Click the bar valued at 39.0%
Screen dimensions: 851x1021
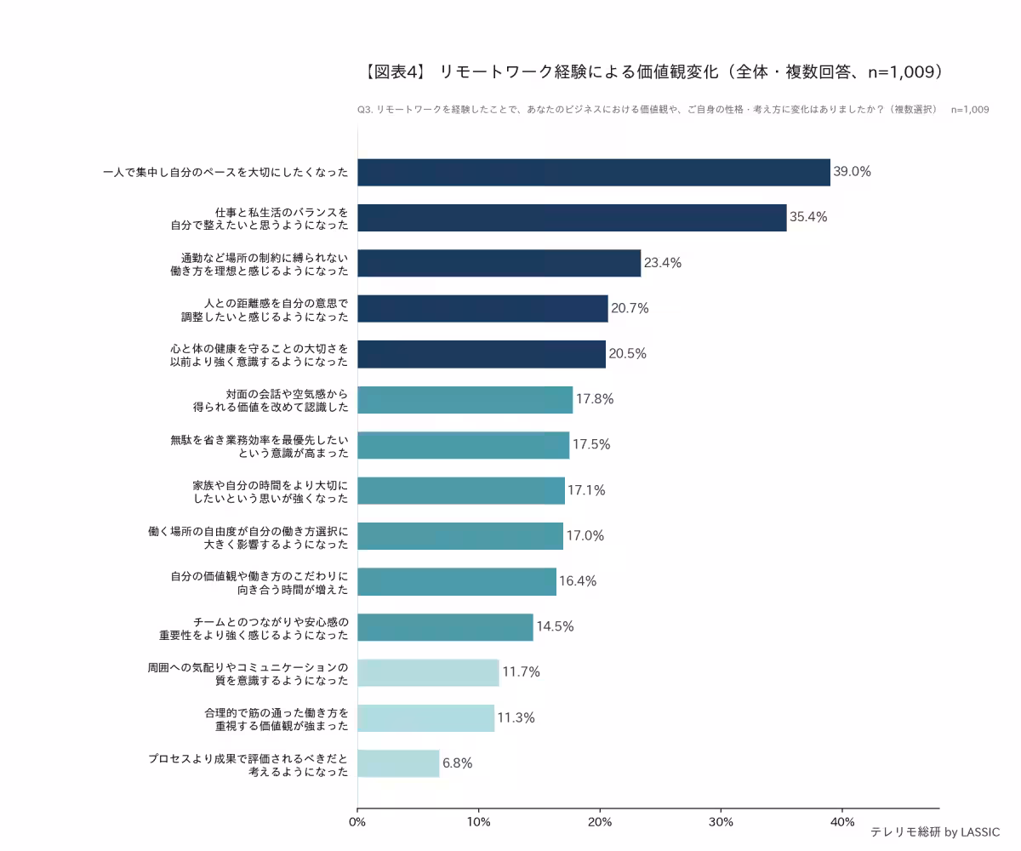593,172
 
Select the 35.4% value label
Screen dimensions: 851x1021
808,217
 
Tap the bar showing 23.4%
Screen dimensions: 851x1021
499,263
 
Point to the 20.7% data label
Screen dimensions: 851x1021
630,308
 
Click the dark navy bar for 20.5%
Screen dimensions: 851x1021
482,354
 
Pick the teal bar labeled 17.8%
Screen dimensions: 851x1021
465,399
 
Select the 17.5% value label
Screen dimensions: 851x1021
591,445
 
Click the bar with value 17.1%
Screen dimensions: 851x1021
460,490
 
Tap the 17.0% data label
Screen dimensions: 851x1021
585,536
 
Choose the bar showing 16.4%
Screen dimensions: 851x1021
457,581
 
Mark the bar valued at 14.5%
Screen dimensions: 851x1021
445,627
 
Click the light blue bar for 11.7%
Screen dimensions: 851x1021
428,672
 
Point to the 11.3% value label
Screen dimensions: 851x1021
516,718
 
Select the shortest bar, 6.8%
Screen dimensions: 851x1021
398,763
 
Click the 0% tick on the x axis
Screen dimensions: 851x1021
357,822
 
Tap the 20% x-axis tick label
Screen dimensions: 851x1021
600,822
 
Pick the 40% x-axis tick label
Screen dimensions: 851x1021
842,822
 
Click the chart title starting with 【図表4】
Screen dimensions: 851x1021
653,72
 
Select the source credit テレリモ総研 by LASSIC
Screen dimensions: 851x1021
934,832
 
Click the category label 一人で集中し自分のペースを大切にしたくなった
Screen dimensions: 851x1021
225,172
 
